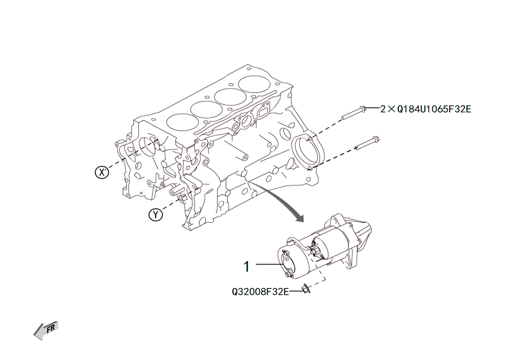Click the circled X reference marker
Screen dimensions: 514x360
point(102,172)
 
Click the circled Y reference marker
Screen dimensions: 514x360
point(156,215)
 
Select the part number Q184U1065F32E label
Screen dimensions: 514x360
point(434,109)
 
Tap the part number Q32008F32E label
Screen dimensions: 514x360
point(260,292)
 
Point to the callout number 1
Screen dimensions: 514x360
point(247,266)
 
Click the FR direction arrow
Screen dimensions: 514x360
point(46,330)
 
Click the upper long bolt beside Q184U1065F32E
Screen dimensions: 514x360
point(354,112)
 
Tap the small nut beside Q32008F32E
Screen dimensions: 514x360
point(305,288)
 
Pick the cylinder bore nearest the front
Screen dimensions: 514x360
point(182,122)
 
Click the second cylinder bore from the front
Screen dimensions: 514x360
point(207,109)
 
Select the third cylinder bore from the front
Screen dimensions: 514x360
point(231,97)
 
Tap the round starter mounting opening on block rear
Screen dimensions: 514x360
point(305,152)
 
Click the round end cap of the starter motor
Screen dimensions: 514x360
point(286,263)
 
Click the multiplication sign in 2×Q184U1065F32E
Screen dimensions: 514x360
point(391,109)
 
